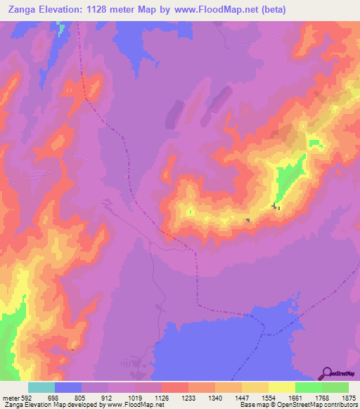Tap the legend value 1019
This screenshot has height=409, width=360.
click(x=134, y=397)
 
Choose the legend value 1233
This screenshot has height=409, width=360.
click(x=188, y=397)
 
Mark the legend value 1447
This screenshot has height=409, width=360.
click(x=242, y=397)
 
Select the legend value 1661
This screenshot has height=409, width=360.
click(x=295, y=397)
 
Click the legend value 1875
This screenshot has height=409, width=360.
click(x=349, y=397)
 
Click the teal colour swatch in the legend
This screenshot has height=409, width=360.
click(x=41, y=387)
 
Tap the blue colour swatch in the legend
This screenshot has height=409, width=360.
click(x=68, y=387)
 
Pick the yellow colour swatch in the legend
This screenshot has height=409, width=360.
click(x=282, y=387)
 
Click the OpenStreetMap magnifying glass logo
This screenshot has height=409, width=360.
click(x=327, y=372)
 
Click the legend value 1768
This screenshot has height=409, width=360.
click(x=322, y=397)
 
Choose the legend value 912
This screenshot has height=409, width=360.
click(x=108, y=397)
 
